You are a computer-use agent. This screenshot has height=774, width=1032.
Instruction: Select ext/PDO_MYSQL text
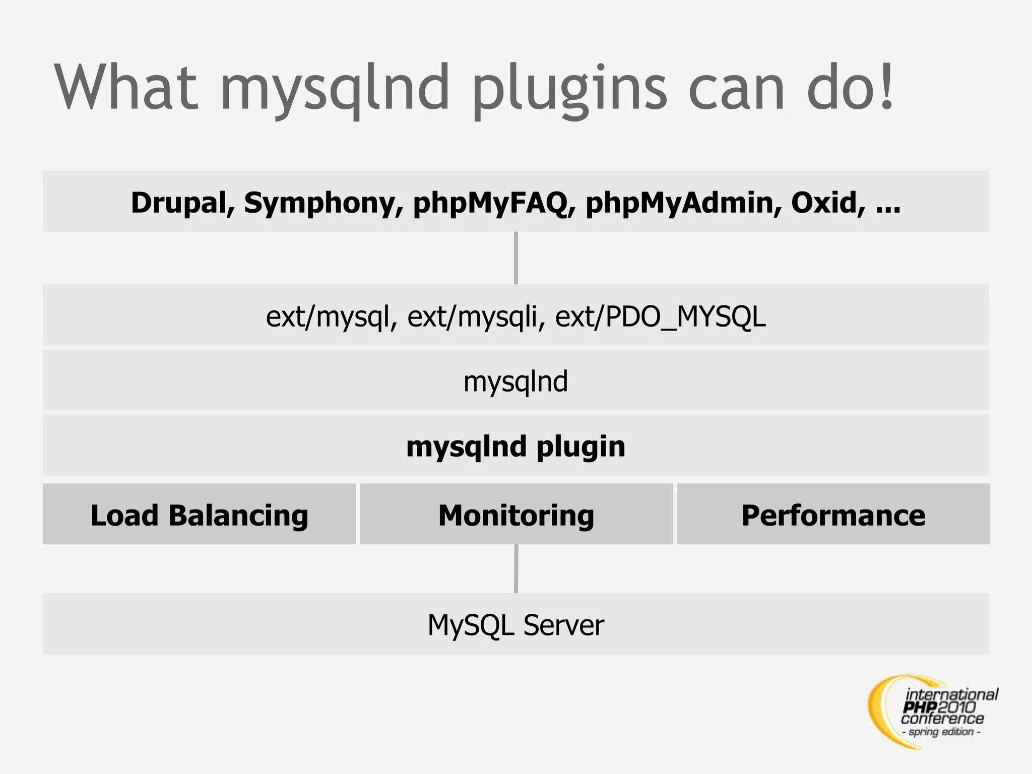click(660, 317)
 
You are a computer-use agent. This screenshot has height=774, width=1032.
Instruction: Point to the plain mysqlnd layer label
click(515, 381)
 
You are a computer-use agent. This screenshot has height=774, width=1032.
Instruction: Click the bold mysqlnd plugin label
click(515, 446)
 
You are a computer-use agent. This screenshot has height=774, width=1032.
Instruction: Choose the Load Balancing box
click(199, 515)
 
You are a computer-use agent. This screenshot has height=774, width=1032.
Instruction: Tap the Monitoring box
click(516, 515)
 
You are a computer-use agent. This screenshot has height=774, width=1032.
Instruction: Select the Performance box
click(833, 515)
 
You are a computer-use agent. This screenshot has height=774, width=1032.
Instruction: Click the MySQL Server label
click(515, 625)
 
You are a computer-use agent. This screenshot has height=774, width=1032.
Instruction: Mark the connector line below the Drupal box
click(516, 258)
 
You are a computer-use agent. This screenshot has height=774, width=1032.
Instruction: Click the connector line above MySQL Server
click(516, 569)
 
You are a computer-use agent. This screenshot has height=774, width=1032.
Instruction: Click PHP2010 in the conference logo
click(938, 707)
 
